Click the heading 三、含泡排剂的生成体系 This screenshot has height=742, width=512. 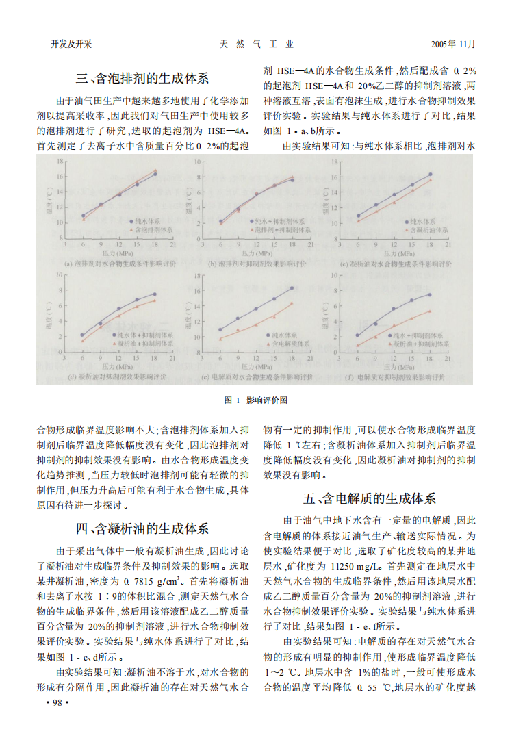142,77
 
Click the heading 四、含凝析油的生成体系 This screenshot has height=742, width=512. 142,528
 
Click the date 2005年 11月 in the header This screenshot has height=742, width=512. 452,44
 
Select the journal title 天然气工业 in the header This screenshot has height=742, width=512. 257,44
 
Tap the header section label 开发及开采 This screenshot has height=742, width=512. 71,44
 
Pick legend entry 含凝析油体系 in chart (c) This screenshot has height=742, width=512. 429,231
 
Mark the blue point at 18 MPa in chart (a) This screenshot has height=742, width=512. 155,174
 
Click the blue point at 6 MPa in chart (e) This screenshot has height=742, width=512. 219,329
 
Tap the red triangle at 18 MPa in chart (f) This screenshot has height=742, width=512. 430,311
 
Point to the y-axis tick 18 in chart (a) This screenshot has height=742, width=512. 60,162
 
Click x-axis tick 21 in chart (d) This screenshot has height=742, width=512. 173,357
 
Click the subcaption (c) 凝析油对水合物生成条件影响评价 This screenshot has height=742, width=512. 396,264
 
